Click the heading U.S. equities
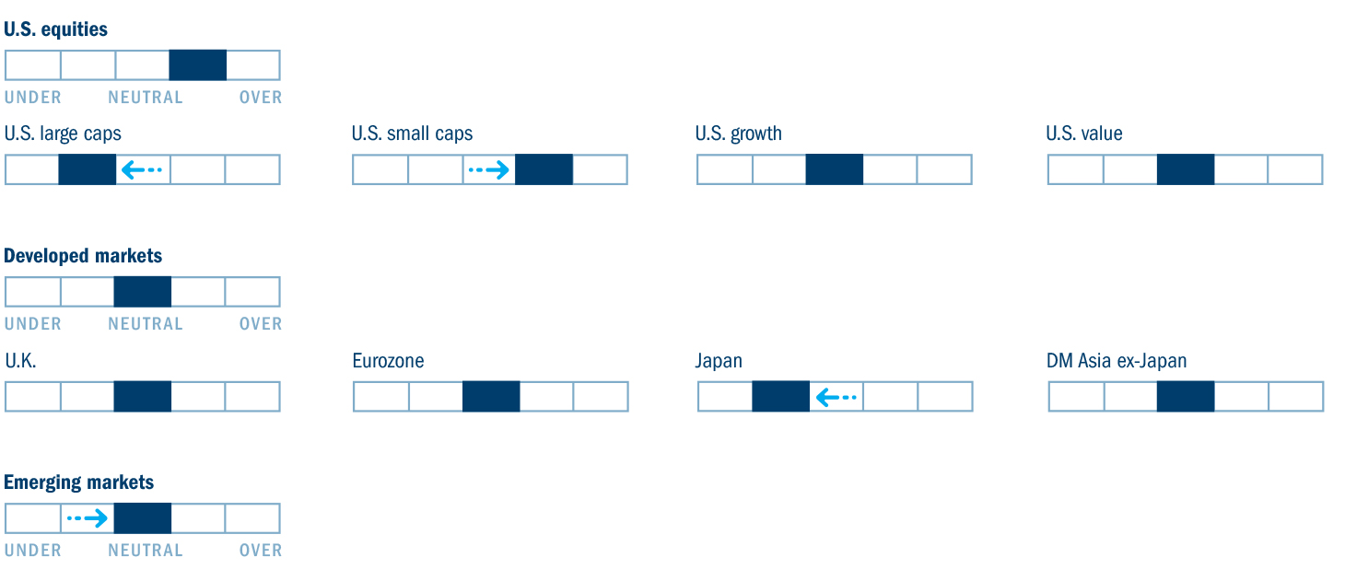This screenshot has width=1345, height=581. point(55,29)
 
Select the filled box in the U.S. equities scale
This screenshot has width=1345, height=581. point(197,64)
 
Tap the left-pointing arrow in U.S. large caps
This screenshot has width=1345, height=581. point(142,169)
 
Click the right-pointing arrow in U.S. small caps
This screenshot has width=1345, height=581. point(489,169)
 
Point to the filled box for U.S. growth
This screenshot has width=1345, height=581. point(834,169)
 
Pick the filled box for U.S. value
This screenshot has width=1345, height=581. point(1186,169)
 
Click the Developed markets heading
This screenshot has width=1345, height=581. point(83,256)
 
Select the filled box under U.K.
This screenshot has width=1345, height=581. point(142,396)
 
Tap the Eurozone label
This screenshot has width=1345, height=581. point(388,361)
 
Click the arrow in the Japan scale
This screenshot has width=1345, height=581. point(836,397)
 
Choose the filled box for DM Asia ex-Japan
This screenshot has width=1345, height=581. point(1186,396)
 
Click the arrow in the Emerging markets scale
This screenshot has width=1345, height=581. point(88,518)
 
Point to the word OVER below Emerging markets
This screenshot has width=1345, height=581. point(261,551)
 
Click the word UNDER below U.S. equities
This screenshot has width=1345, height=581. point(33,98)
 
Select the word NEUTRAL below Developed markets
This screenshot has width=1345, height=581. point(146,324)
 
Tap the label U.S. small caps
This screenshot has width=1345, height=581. point(412,134)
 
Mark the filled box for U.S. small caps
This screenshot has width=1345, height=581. point(544,169)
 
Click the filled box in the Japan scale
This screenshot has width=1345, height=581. point(780,396)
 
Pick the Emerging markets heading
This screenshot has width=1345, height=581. point(78,482)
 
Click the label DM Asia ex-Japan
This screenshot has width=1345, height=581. point(1117,361)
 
